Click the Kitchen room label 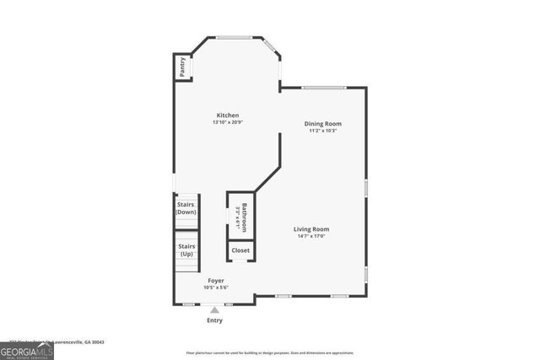[228, 116]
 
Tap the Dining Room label [323, 124]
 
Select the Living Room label [311, 229]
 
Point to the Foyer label [216, 281]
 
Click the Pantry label [181, 67]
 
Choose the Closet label [240, 250]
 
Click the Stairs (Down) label [186, 208]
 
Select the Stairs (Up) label [186, 250]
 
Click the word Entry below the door [215, 320]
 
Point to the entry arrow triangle [214, 310]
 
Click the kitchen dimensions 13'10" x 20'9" [228, 123]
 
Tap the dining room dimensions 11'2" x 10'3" [323, 131]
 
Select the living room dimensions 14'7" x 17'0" [311, 236]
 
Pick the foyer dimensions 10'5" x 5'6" [216, 287]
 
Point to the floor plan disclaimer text [270, 352]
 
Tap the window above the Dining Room [325, 87]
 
